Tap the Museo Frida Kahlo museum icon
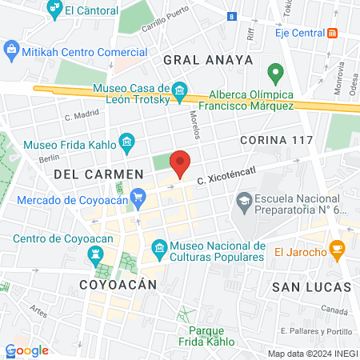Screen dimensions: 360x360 click(x=126, y=144)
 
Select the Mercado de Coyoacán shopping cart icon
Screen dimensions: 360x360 click(x=138, y=195)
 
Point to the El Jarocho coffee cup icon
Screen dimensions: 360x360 click(x=338, y=249)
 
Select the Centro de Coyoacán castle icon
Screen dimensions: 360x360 click(x=97, y=254)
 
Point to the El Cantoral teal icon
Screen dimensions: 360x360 click(x=55, y=10)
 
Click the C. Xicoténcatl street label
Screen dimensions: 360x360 click(x=229, y=170)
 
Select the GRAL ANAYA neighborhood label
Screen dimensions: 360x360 click(x=207, y=59)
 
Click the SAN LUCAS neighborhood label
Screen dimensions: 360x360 click(x=311, y=286)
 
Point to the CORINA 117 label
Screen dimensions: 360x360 click(x=274, y=140)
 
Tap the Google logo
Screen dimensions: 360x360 click(x=27, y=350)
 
